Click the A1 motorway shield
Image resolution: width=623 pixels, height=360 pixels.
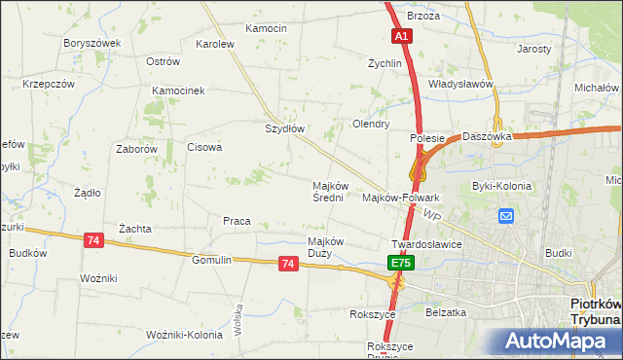[x=403, y=35]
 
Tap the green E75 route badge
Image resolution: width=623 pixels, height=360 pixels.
[x=400, y=264]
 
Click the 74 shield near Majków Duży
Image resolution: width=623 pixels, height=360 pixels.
[x=287, y=263]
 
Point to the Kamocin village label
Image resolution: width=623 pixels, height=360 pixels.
[x=266, y=28]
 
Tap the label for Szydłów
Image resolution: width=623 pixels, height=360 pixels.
[x=286, y=128]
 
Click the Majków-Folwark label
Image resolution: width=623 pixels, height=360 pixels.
[x=401, y=198]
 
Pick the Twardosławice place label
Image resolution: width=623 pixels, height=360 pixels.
[x=425, y=244]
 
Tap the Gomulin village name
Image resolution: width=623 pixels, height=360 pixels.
[x=211, y=260]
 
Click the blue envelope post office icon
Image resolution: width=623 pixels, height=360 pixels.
[x=506, y=216]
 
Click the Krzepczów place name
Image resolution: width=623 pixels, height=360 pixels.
[x=49, y=84]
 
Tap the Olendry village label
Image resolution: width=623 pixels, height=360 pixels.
[x=371, y=124]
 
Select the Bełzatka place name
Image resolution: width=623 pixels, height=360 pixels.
[x=447, y=312]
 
